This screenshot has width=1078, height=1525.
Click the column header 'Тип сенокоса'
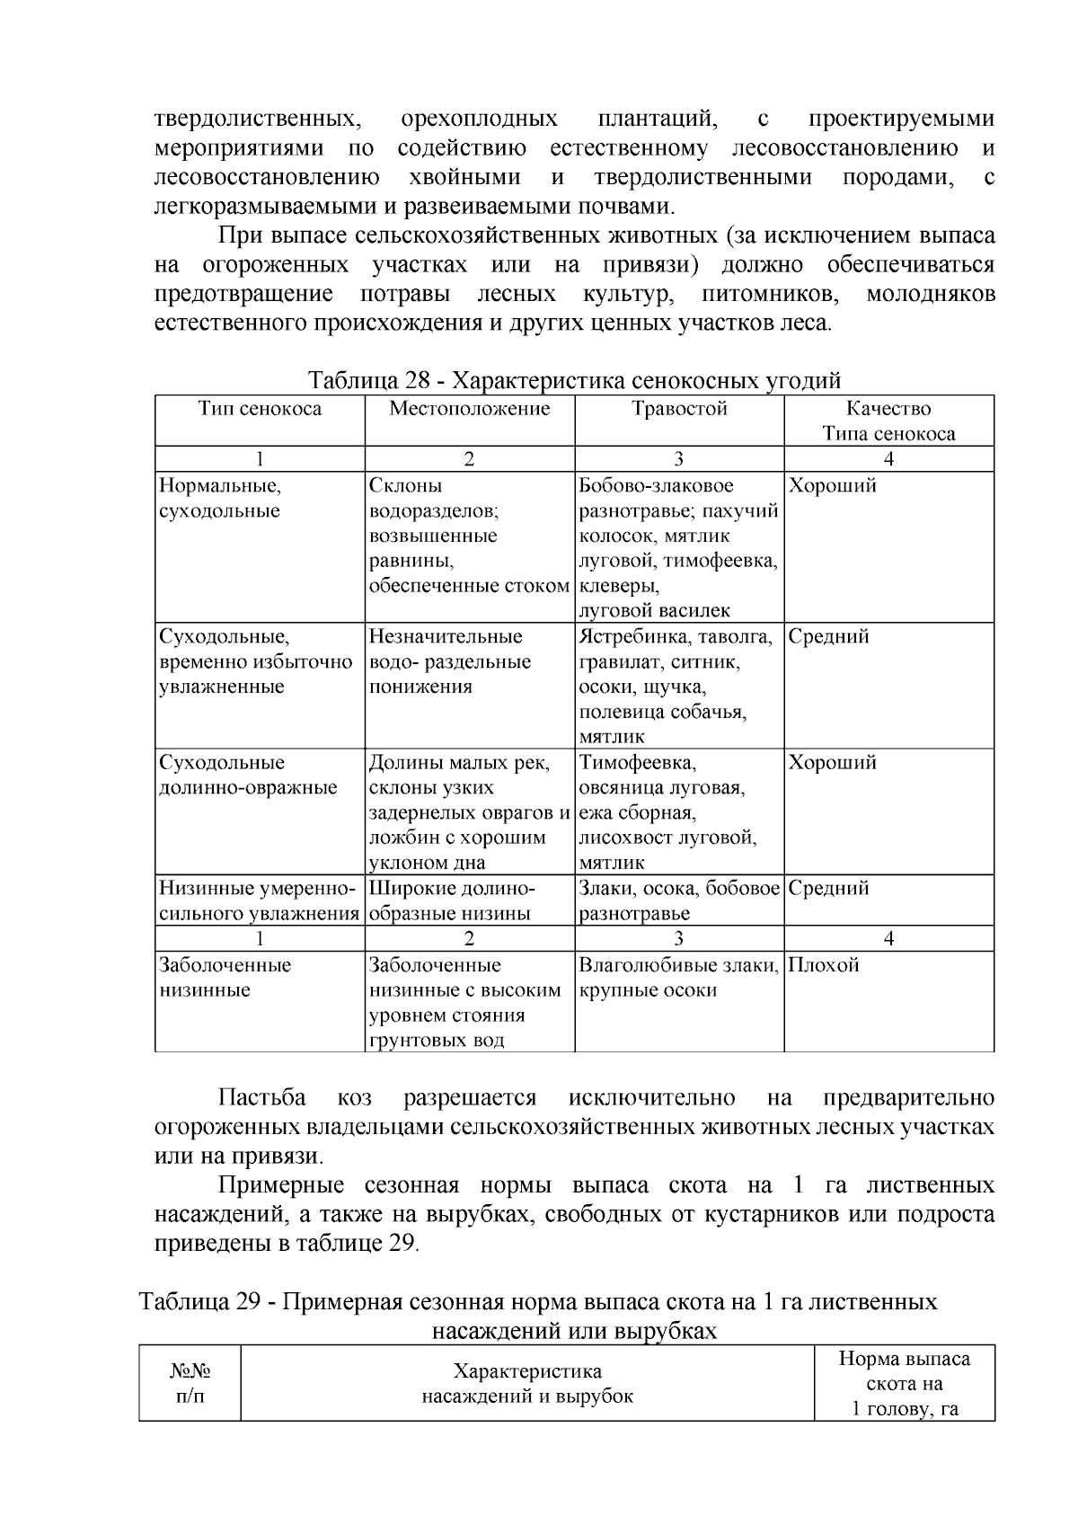click(x=260, y=409)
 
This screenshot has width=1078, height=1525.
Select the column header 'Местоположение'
click(x=469, y=409)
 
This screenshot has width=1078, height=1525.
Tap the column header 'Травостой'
click(x=678, y=409)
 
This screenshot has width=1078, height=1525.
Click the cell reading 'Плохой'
click(x=823, y=966)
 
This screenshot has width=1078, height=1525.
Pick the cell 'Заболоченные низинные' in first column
click(x=225, y=978)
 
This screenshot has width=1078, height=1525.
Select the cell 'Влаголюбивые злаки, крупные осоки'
click(x=678, y=978)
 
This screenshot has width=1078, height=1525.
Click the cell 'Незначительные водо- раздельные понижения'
click(x=450, y=662)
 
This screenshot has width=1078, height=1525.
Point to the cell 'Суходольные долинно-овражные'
click(x=248, y=776)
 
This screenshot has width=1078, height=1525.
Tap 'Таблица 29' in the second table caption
click(x=199, y=1302)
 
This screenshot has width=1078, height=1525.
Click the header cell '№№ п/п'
click(x=190, y=1384)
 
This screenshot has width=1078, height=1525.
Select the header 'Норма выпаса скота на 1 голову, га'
click(x=904, y=1384)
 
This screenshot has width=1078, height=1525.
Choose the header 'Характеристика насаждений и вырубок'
click(x=527, y=1384)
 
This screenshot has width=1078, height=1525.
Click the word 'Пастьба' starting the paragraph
click(x=262, y=1098)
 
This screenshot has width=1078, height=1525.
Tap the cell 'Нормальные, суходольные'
click(x=220, y=499)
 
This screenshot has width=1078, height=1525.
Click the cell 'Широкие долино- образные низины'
click(x=452, y=901)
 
